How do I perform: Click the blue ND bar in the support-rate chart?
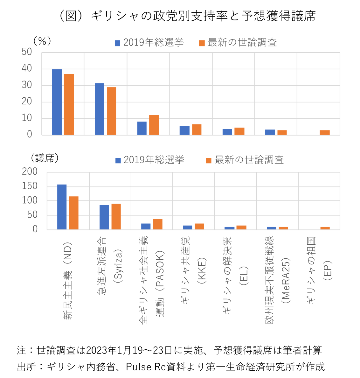[x=57, y=102]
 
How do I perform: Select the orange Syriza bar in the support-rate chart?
[x=111, y=111]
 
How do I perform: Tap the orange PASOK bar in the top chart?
[x=154, y=125]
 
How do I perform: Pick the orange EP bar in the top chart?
[x=325, y=132]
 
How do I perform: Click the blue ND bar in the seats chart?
[x=62, y=207]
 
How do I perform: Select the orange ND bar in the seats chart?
[x=74, y=213]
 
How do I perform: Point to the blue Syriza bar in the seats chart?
[x=104, y=217]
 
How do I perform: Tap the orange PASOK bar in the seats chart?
[x=158, y=224]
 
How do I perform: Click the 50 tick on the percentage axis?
[x=27, y=52]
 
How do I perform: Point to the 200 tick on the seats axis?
[x=30, y=171]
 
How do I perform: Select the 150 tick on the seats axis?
[x=30, y=186]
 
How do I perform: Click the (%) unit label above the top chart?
[x=42, y=41]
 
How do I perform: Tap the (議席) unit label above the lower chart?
[x=45, y=158]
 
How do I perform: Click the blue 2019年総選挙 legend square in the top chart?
[x=118, y=43]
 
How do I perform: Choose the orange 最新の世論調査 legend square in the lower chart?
[x=209, y=160]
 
